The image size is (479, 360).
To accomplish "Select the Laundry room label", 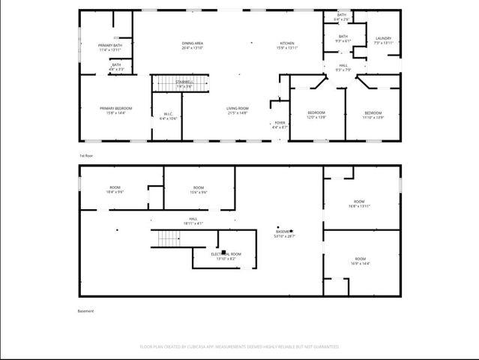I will (x=382, y=40).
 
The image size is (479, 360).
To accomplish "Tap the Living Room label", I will (x=238, y=110).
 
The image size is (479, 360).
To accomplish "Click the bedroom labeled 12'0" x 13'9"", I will (x=317, y=115).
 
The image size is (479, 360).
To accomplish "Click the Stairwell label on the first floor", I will (x=184, y=83).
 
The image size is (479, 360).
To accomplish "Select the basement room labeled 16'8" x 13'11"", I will (x=360, y=203).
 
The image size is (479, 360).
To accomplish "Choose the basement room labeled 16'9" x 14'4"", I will (x=360, y=262).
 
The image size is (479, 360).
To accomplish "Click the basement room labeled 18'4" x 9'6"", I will (x=115, y=189).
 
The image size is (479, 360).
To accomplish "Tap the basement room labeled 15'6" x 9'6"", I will (x=198, y=189).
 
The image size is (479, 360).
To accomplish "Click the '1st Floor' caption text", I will (x=86, y=155).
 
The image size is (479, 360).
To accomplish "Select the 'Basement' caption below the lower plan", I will (x=86, y=311).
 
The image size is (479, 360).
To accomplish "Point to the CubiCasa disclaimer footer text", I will (x=239, y=346).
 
